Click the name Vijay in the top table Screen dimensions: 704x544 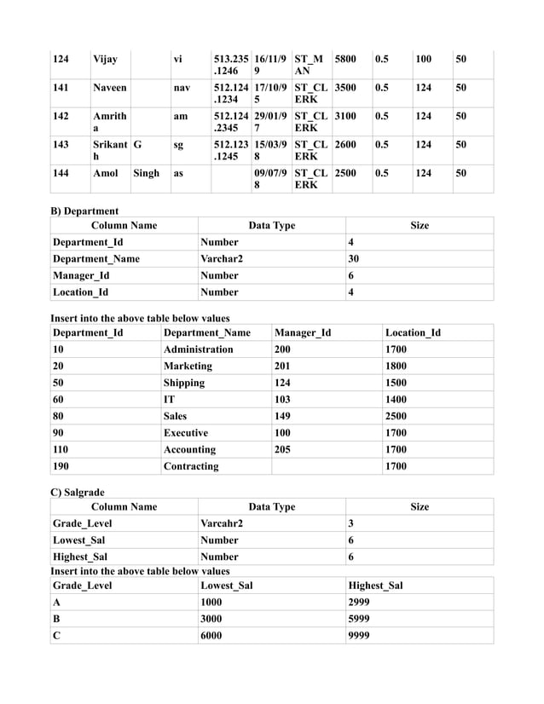point(105,60)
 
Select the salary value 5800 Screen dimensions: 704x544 point(345,60)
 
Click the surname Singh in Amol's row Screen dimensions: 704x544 point(146,173)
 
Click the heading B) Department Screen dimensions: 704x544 point(84,211)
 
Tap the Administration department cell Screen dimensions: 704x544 point(198,349)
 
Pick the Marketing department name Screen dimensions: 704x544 point(188,366)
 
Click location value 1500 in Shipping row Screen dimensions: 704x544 point(396,383)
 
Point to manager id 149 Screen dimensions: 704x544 point(282,416)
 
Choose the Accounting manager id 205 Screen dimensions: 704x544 point(282,449)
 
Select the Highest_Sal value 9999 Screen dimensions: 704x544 point(360,635)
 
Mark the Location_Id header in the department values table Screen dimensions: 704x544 point(413,332)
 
